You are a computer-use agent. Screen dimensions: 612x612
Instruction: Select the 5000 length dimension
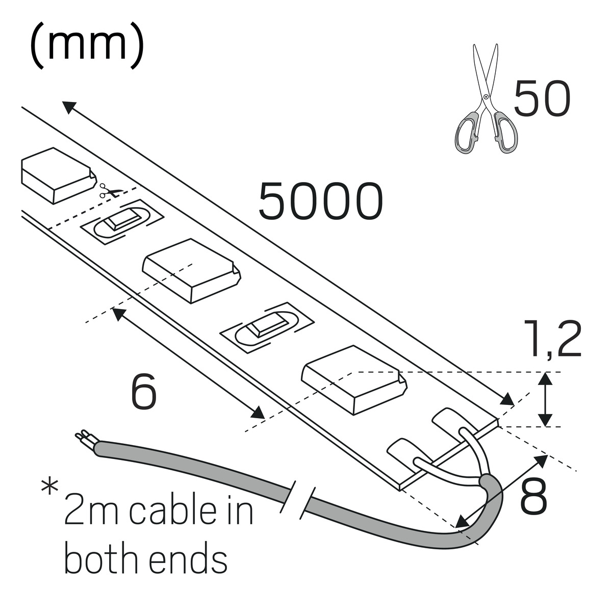point(320,201)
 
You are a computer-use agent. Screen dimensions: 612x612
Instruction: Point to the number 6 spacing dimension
point(143,392)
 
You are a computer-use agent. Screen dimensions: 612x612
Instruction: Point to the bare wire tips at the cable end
point(83,437)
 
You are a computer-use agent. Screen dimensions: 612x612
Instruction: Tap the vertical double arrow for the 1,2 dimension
point(546,399)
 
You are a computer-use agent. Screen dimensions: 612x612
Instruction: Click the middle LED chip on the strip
point(191,270)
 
